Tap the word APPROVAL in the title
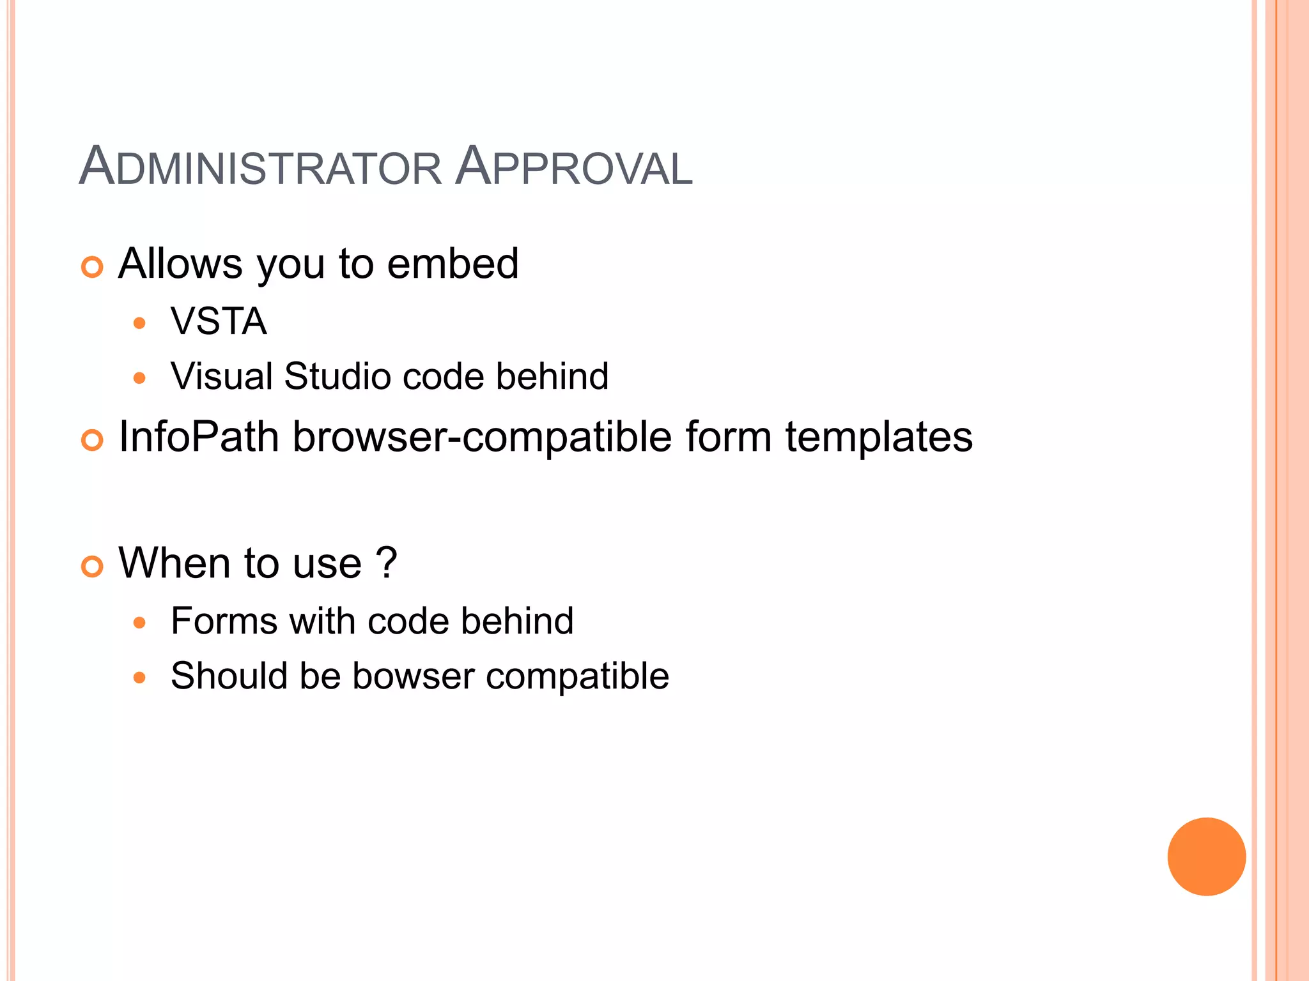click(573, 167)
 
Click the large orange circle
click(1206, 856)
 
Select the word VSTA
click(219, 321)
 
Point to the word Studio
click(337, 376)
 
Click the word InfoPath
click(199, 437)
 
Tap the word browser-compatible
click(482, 437)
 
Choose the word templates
click(879, 437)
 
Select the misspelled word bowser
click(413, 676)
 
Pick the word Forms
click(224, 621)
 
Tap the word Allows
click(181, 264)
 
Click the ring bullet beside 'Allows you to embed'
click(92, 267)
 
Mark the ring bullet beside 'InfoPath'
click(92, 440)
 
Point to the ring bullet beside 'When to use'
click(92, 567)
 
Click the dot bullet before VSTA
click(139, 323)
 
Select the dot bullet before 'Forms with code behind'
click(139, 623)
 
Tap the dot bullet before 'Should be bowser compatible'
click(139, 678)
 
